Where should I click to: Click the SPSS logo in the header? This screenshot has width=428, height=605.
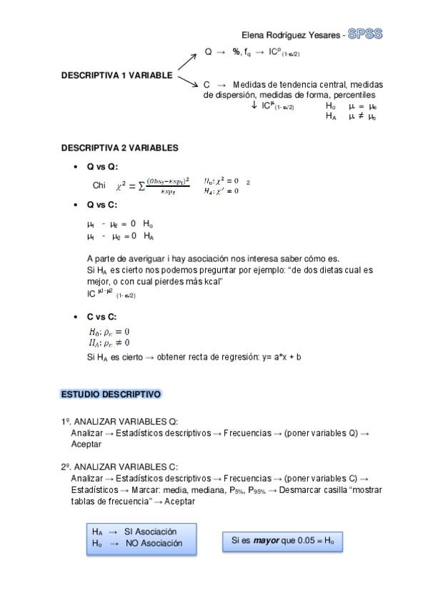364,34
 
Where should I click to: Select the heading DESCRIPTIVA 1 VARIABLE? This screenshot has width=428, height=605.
116,75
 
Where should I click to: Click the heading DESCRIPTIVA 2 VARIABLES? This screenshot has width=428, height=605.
119,148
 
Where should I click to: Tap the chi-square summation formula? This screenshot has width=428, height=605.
152,185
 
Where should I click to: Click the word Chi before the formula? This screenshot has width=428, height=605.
99,185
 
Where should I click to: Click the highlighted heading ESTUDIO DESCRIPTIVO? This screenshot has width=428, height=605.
111,394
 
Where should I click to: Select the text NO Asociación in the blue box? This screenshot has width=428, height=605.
154,543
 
